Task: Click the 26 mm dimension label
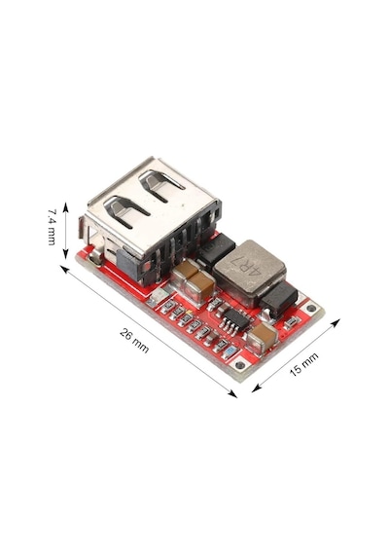click(134, 341)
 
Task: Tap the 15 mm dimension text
click(303, 364)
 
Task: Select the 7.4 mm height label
click(52, 227)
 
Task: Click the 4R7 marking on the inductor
click(244, 266)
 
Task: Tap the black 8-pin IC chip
click(234, 319)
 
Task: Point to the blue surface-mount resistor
click(230, 351)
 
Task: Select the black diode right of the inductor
click(280, 296)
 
